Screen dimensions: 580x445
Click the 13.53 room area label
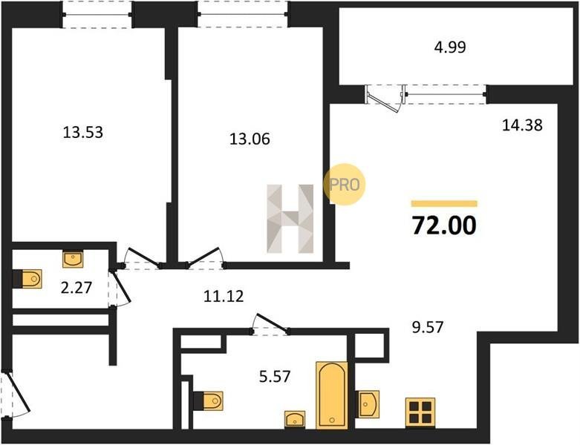(83, 132)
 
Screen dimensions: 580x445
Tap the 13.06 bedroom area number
(250, 139)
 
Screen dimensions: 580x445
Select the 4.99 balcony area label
(450, 47)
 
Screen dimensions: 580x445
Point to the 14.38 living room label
(522, 125)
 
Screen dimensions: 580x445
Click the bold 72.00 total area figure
(444, 225)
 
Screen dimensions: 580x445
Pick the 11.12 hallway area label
(224, 296)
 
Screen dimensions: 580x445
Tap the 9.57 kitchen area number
(428, 327)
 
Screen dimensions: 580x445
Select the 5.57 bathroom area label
(275, 377)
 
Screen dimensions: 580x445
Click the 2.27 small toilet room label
(76, 287)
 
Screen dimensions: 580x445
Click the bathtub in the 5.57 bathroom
(332, 395)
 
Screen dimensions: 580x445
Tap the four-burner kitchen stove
(420, 412)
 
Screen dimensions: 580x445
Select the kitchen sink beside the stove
(368, 404)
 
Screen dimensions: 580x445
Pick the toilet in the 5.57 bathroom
(209, 401)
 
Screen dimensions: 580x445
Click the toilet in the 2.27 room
(27, 279)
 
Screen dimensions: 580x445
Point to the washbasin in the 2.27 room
(73, 259)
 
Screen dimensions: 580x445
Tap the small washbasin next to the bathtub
(295, 419)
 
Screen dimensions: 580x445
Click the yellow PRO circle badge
(345, 184)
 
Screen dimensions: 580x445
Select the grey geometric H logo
(290, 219)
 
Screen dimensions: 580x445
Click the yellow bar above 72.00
(444, 203)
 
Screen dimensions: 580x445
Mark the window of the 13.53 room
(97, 15)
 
